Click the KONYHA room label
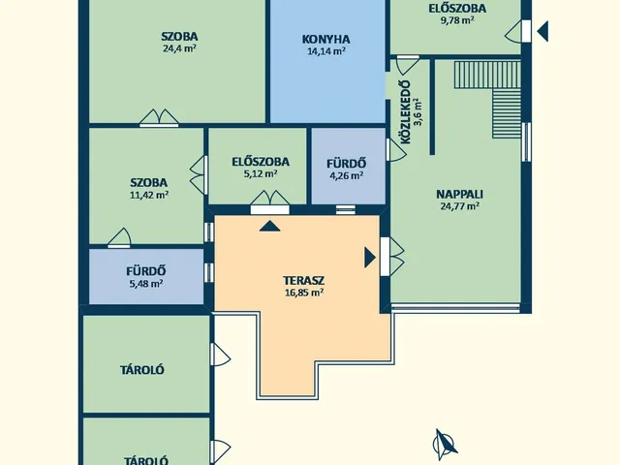(325, 40)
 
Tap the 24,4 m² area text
(179, 48)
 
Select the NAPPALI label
(459, 195)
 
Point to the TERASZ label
(303, 281)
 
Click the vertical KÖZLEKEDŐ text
(406, 112)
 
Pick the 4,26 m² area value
(347, 175)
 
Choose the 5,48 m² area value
(146, 284)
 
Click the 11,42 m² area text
(149, 195)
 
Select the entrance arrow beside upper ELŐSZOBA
(542, 31)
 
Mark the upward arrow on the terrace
(270, 226)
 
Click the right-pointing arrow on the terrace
(370, 258)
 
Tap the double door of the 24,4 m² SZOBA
(159, 118)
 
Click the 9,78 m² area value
(457, 20)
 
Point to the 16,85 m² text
(304, 293)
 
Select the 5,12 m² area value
(261, 173)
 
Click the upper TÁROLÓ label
(142, 370)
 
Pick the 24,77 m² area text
(460, 206)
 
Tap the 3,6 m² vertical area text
(418, 112)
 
